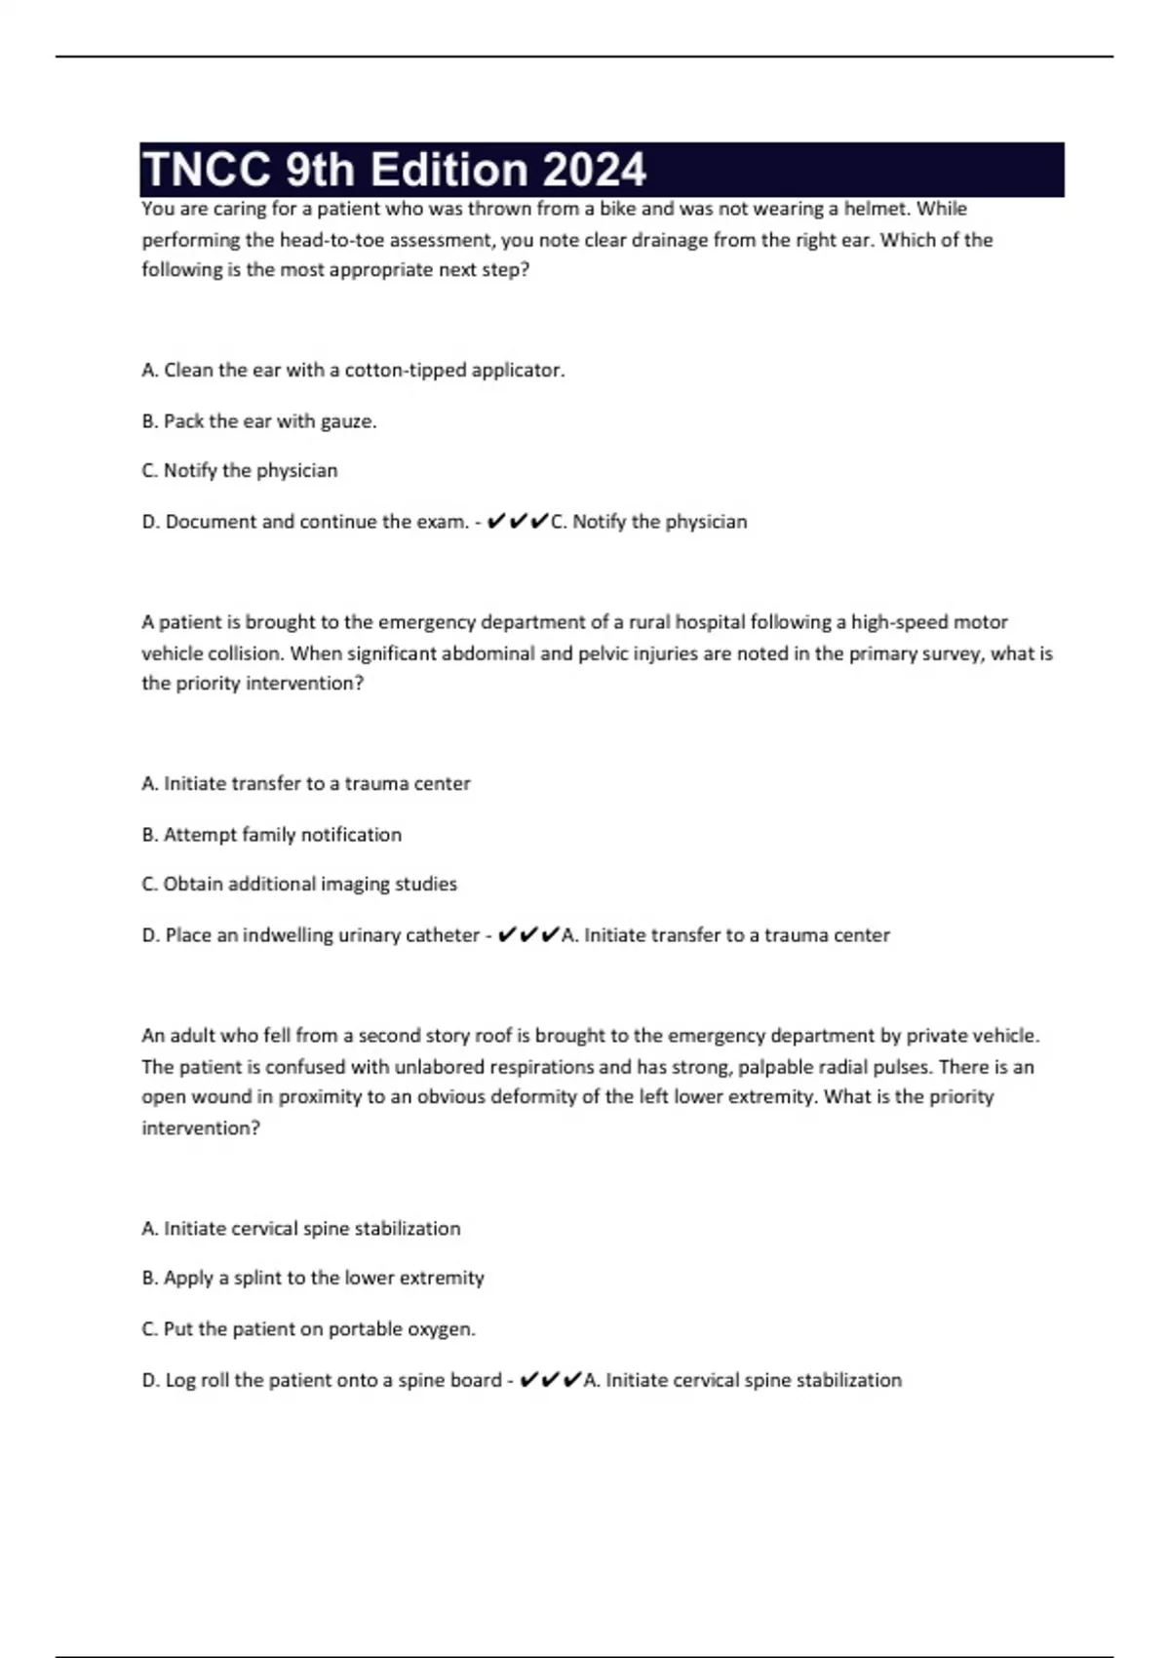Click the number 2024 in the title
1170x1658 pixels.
click(x=594, y=170)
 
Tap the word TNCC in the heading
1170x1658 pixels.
click(x=208, y=170)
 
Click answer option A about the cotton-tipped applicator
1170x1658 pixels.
click(x=353, y=371)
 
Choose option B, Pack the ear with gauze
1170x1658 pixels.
click(x=259, y=421)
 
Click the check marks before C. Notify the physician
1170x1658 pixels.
click(x=517, y=522)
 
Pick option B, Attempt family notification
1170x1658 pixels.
click(x=272, y=835)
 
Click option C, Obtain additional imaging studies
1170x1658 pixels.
click(x=299, y=885)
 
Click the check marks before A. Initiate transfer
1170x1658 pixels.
click(x=527, y=935)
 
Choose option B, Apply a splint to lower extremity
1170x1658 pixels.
click(x=313, y=1279)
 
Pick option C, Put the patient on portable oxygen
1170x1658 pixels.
click(x=309, y=1329)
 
